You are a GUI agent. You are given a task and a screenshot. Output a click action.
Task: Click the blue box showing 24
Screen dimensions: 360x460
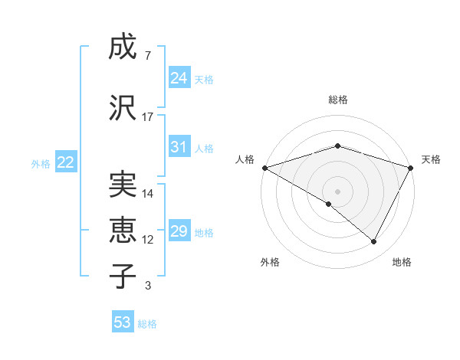(179, 78)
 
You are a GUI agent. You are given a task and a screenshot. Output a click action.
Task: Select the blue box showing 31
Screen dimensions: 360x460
(179, 147)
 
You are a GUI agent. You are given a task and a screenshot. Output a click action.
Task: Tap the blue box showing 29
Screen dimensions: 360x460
(179, 231)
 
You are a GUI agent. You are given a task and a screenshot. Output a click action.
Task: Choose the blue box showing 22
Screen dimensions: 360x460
(66, 162)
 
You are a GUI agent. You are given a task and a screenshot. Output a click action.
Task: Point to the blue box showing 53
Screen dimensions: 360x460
(123, 322)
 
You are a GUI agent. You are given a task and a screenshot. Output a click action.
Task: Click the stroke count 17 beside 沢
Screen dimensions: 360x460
(148, 117)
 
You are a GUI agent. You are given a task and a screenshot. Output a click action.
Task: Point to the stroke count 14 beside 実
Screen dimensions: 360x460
(148, 194)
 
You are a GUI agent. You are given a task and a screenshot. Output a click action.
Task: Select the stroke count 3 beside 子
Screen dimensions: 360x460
(148, 286)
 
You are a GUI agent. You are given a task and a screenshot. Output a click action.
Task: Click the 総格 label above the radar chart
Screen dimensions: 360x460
(338, 100)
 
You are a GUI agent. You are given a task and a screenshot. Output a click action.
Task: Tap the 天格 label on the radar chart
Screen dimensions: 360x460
(432, 159)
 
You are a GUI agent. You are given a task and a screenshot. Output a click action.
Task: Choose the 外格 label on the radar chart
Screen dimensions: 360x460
(270, 262)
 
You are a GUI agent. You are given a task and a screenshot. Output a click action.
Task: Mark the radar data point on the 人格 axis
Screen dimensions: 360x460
(264, 167)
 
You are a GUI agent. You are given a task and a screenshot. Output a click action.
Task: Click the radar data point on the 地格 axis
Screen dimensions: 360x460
(374, 241)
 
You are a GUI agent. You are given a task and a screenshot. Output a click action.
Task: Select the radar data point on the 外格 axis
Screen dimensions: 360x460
(329, 204)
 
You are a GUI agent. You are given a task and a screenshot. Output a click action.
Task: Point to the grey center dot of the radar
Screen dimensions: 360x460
(338, 191)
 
